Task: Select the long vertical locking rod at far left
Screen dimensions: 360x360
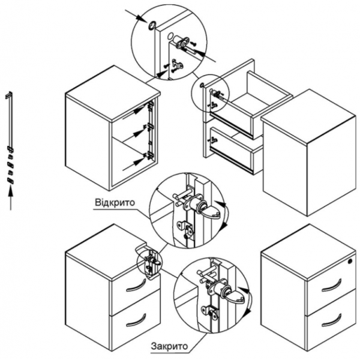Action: click(x=9, y=120)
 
